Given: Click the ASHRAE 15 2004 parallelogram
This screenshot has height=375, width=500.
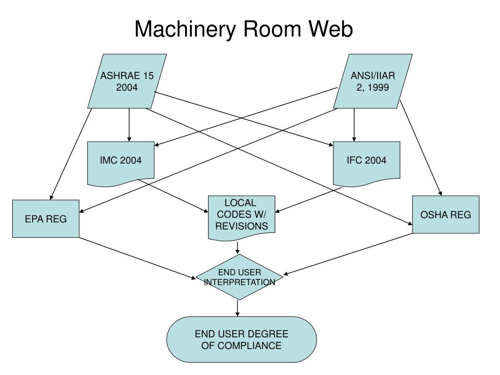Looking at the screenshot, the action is click(127, 81).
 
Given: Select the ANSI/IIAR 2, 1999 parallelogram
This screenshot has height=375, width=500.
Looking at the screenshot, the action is click(373, 81).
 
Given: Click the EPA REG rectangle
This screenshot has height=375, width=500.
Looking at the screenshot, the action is click(45, 219).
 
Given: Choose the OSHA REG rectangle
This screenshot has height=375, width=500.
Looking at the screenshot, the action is click(445, 214).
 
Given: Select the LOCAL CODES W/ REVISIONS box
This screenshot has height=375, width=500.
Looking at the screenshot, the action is click(241, 217).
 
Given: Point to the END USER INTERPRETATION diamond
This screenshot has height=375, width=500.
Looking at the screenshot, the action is click(239, 277).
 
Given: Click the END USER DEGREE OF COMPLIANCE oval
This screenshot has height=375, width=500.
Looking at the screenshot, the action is click(241, 339).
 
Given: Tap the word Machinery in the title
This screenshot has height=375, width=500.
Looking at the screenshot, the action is click(185, 29).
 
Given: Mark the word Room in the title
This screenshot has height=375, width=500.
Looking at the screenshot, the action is click(272, 29).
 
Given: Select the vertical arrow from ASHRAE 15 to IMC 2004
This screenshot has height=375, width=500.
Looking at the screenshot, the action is click(129, 125).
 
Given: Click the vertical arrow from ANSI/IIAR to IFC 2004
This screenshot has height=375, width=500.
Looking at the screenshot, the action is click(354, 125).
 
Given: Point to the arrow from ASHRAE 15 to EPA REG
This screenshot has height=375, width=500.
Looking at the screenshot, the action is click(71, 154).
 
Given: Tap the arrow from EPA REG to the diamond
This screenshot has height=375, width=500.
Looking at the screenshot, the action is click(137, 258).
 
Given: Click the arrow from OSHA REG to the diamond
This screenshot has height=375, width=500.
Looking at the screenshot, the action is click(348, 254).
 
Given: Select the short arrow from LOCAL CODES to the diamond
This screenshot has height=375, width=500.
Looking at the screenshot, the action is click(238, 248).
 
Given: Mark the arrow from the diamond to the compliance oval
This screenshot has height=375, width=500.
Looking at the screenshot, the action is click(238, 309).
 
